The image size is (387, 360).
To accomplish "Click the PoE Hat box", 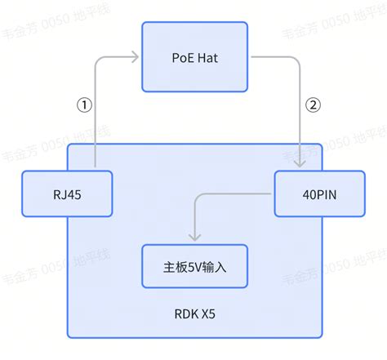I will (193, 57).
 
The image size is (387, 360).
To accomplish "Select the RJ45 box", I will (65, 193).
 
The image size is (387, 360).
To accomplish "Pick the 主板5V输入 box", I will (193, 265).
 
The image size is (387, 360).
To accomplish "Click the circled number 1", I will (83, 104).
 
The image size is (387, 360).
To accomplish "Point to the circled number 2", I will (312, 104).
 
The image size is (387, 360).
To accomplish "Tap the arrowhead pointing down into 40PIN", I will (304, 167).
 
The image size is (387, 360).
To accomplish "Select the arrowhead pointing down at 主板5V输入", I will (193, 238).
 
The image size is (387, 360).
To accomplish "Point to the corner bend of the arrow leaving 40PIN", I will (194, 194).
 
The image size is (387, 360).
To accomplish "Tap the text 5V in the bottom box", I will (193, 265).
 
